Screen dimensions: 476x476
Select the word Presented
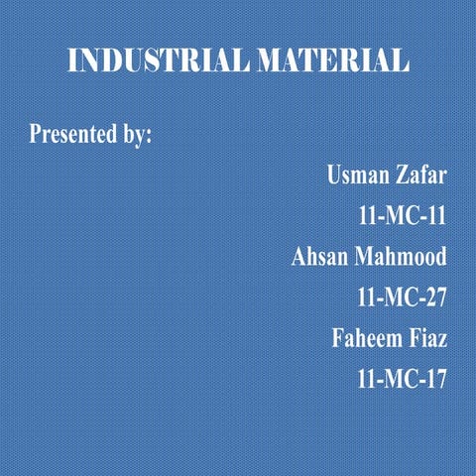click(74, 134)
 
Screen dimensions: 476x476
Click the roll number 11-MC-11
click(402, 215)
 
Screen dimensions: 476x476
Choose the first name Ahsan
click(318, 256)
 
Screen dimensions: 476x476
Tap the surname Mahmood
click(401, 256)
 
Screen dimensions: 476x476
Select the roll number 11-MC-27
click(402, 297)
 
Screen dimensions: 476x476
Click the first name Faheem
click(365, 337)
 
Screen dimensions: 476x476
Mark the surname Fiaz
click(428, 337)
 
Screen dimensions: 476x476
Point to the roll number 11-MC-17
click(402, 378)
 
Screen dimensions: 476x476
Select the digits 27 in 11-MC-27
click(434, 297)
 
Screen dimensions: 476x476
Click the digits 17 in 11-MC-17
click(434, 378)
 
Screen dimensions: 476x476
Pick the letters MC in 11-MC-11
click(402, 215)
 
